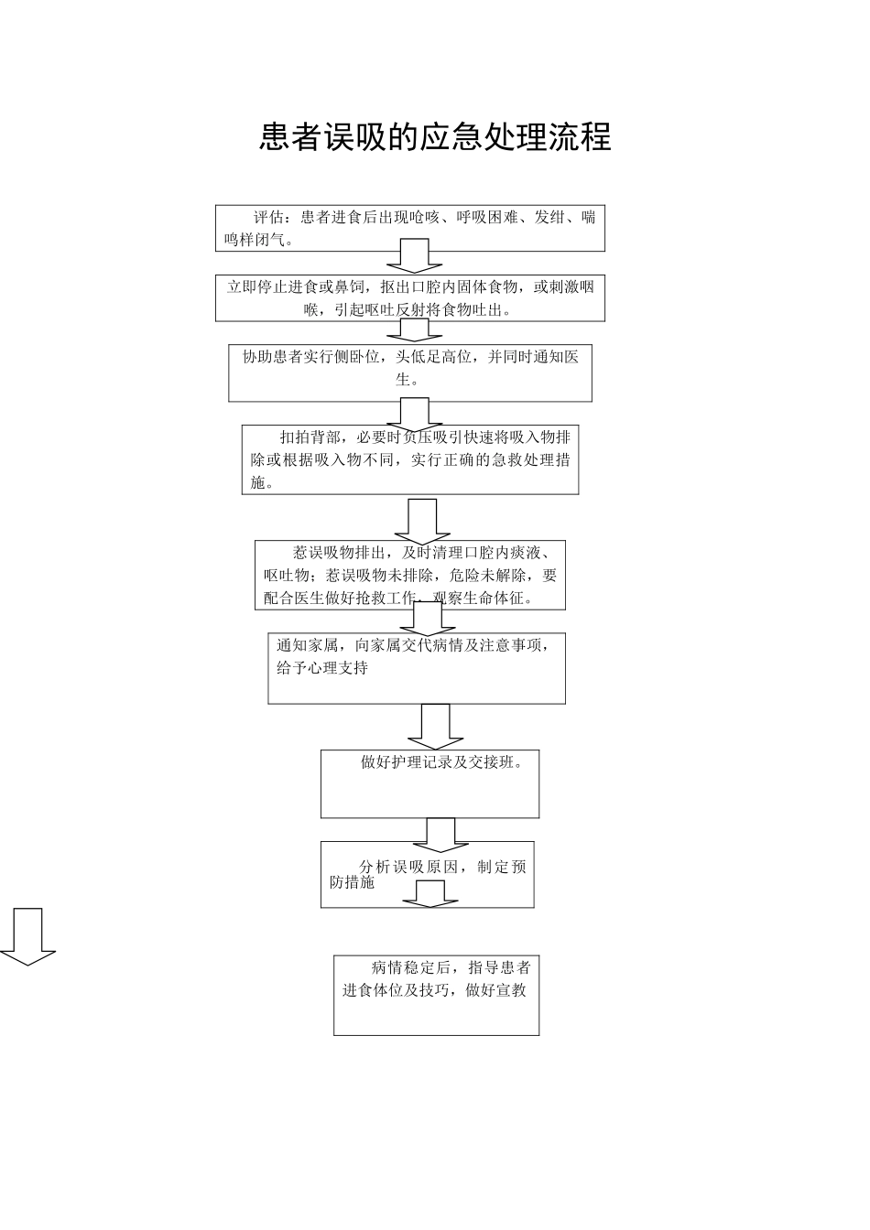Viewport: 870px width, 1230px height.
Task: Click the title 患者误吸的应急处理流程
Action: (435, 137)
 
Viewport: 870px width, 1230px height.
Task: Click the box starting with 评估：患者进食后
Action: (409, 228)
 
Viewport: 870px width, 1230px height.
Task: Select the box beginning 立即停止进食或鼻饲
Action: (409, 298)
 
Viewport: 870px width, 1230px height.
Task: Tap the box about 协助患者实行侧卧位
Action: (409, 372)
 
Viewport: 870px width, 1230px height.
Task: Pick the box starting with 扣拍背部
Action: (409, 459)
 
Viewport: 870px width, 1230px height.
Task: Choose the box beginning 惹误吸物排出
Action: (409, 576)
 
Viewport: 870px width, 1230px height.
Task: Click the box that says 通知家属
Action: (416, 668)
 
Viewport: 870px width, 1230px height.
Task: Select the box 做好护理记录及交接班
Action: (430, 783)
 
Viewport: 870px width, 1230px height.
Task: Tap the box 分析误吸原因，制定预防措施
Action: (427, 874)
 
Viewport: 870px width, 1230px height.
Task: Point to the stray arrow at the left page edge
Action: (27, 936)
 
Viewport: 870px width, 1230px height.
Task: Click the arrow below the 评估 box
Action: (414, 255)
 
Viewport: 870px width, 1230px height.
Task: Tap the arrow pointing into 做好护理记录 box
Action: (435, 727)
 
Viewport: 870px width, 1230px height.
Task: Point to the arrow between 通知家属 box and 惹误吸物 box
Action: (428, 619)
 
